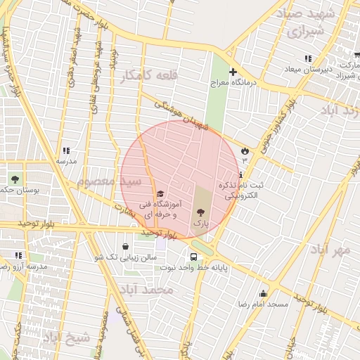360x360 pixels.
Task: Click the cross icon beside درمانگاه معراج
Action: coord(233,72)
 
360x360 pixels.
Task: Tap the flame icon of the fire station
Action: coord(245,150)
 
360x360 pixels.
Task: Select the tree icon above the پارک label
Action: coord(202,212)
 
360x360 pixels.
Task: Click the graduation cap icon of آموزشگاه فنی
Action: coord(160,194)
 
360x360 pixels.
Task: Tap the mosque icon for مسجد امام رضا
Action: coord(264,294)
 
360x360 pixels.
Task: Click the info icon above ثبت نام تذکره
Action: coord(241,174)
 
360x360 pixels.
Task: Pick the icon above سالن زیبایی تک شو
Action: coord(125,247)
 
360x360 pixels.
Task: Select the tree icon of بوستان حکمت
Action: coord(16,179)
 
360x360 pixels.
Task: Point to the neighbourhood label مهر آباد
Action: coord(332,250)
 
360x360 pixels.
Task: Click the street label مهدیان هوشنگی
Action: coord(181,115)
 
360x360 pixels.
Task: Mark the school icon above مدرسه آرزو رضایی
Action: coord(18,255)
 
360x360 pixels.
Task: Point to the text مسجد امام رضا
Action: coord(263,304)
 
